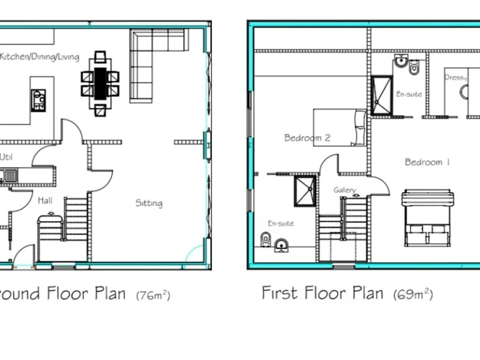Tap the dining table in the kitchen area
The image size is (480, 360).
pos(100,82)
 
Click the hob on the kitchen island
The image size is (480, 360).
pos(38,99)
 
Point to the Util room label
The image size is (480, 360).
pos(6,157)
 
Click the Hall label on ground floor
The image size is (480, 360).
pos(45,201)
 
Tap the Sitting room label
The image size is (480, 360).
pos(149,202)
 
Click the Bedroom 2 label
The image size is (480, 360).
pos(307,138)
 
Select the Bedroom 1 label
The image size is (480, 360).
pos(427,162)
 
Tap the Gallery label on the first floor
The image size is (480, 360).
pos(344,190)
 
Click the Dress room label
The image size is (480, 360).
pos(455,77)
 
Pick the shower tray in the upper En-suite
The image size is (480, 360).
pos(381,96)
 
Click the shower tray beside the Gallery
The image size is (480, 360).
pos(304,191)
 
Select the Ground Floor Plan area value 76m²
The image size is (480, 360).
pos(153,295)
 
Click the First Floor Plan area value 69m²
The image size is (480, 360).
pos(412,294)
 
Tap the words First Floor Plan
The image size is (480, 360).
pos(322,292)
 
